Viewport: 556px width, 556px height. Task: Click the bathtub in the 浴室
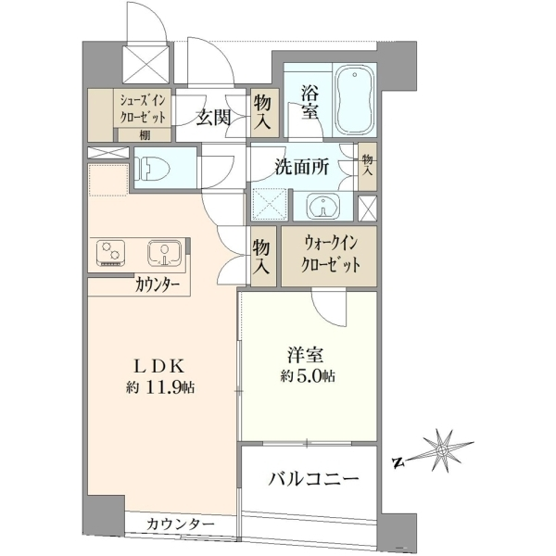[x=355, y=100]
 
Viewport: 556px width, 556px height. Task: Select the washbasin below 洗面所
[x=322, y=206]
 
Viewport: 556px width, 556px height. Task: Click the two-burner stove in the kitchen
[x=110, y=253]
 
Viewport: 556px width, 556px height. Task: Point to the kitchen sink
[x=165, y=253]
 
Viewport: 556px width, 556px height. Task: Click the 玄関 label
[x=214, y=117]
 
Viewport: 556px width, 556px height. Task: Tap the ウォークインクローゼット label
[x=330, y=255]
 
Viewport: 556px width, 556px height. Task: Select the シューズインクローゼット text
[x=143, y=109]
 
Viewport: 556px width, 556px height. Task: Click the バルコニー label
[x=313, y=479]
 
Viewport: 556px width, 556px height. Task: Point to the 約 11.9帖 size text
[x=160, y=387]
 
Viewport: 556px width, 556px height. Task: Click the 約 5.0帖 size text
[x=308, y=376]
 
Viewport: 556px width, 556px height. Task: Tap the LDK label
[x=158, y=367]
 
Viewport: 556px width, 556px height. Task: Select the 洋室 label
[x=305, y=356]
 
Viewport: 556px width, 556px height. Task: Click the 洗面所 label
[x=302, y=166]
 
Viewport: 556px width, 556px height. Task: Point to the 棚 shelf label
[x=144, y=134]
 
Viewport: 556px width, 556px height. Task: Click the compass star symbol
[x=441, y=450]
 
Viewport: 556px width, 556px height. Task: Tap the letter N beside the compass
[x=398, y=461]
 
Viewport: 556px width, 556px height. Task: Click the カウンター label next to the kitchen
[x=158, y=284]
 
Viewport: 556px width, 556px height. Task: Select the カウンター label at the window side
[x=181, y=524]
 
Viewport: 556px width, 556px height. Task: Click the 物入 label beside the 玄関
[x=263, y=113]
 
